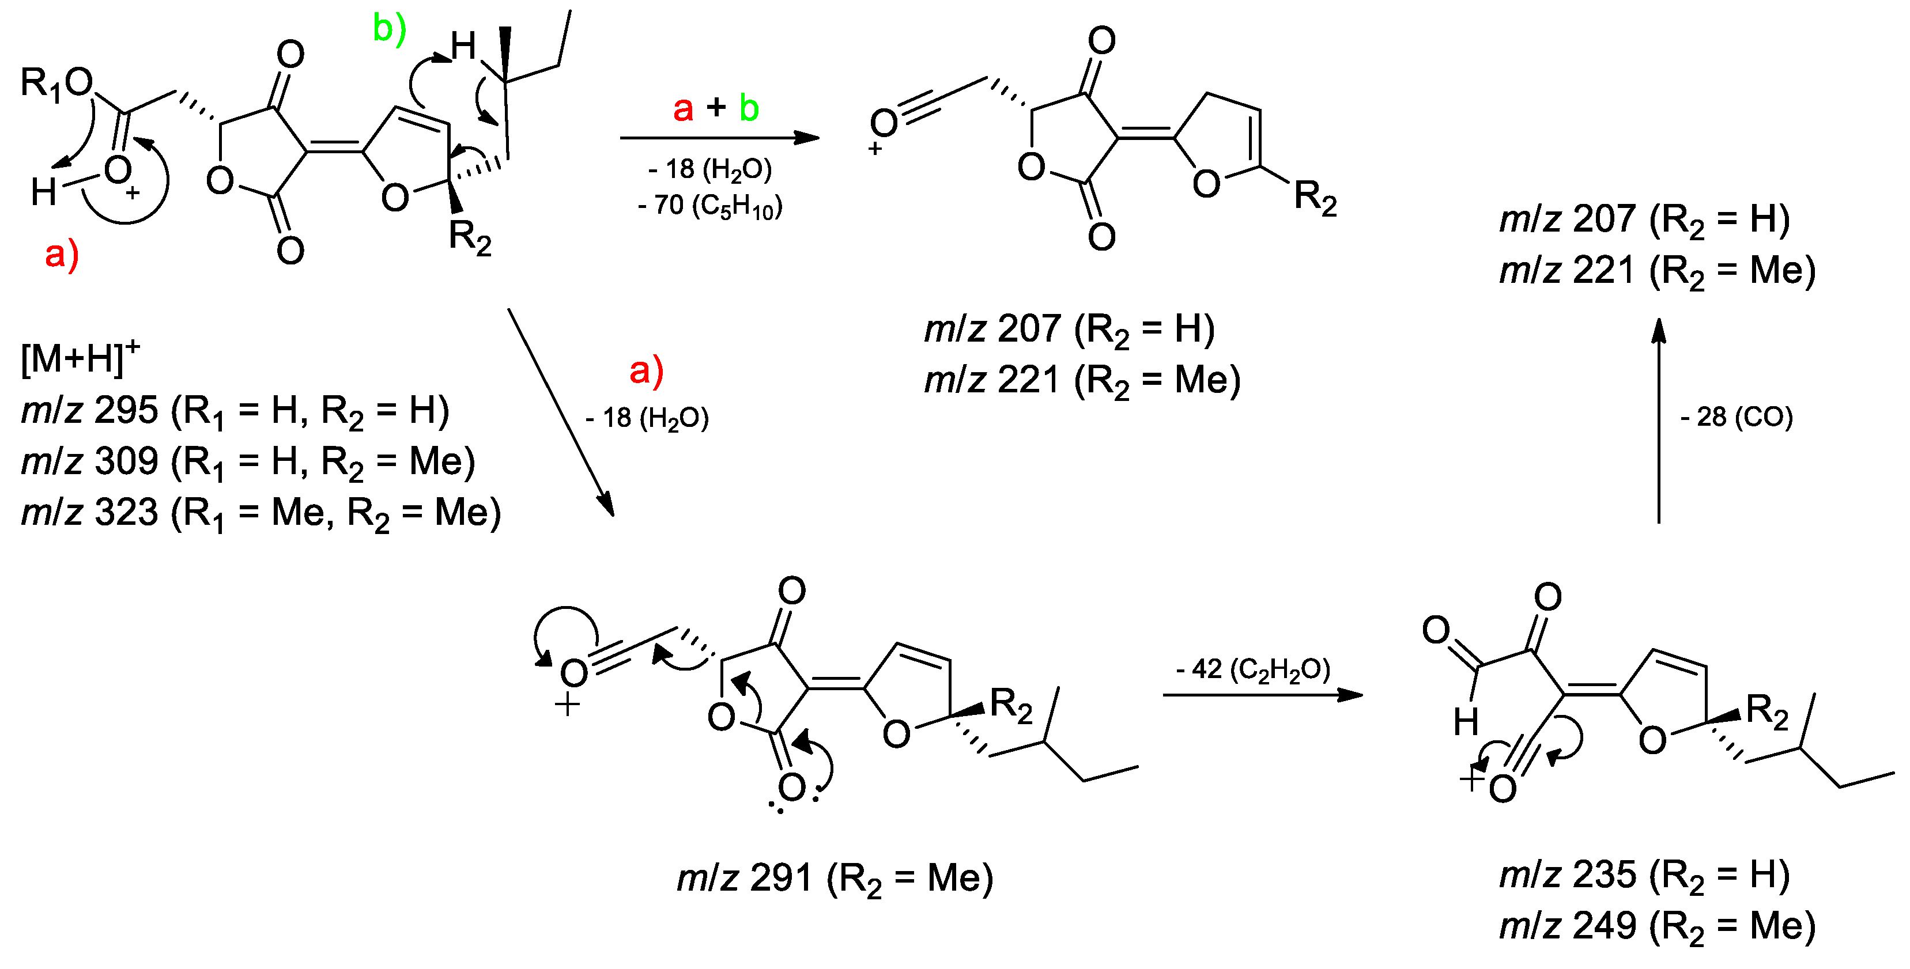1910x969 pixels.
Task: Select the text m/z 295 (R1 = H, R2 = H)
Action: [235, 411]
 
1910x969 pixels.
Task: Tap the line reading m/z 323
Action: [261, 513]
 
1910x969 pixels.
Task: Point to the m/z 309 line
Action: [248, 462]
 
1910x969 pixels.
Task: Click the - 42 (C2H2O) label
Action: [1252, 669]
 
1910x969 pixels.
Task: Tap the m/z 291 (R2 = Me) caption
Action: [835, 879]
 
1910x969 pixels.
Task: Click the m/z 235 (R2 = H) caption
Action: [1644, 876]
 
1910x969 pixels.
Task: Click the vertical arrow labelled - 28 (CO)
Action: [1659, 423]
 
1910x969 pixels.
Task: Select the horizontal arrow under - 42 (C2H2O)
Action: [1262, 695]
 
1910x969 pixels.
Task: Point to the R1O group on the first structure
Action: [56, 82]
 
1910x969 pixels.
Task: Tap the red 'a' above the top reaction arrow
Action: [683, 108]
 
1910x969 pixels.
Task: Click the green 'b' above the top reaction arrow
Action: [749, 108]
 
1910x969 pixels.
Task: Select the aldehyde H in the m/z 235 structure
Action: [1465, 721]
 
